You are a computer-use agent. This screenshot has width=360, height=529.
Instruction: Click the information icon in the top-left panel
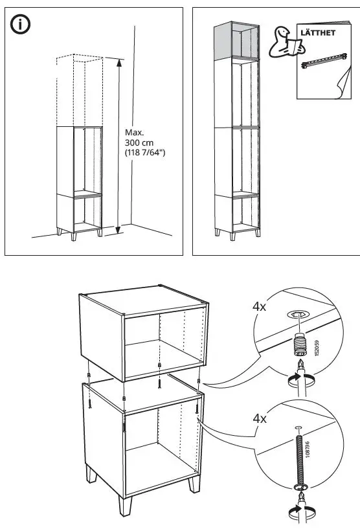(x=22, y=26)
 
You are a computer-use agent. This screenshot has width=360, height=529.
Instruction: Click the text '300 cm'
(x=138, y=142)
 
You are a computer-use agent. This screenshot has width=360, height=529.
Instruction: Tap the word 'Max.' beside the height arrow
(x=134, y=133)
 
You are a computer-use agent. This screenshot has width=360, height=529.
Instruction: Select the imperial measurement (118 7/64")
(x=146, y=153)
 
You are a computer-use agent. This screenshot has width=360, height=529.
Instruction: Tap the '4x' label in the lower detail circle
(x=259, y=418)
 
